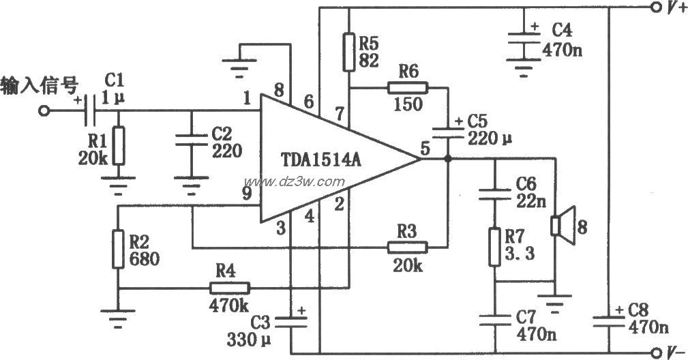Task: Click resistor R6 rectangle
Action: click(x=407, y=87)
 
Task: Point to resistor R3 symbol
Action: click(x=407, y=247)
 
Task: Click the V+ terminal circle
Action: click(x=655, y=8)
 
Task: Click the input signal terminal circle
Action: click(x=45, y=110)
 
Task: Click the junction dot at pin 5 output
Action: click(x=447, y=159)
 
